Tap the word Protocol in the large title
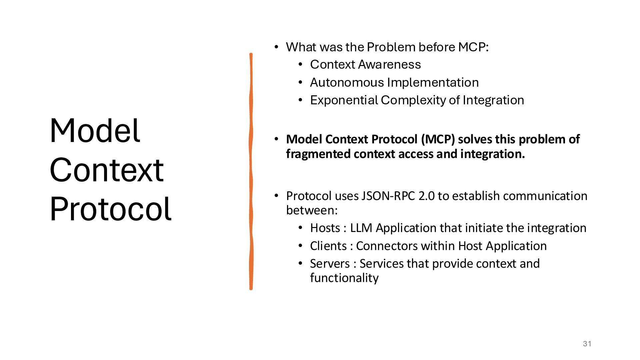pos(110,209)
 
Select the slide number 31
pos(587,344)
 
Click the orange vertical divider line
pos(251,171)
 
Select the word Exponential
pos(344,100)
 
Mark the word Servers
pos(330,264)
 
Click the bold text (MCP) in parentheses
pos(438,139)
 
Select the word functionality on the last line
pos(344,278)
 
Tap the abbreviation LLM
pos(361,228)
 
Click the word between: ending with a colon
pos(312,210)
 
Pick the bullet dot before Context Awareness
pos(300,64)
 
